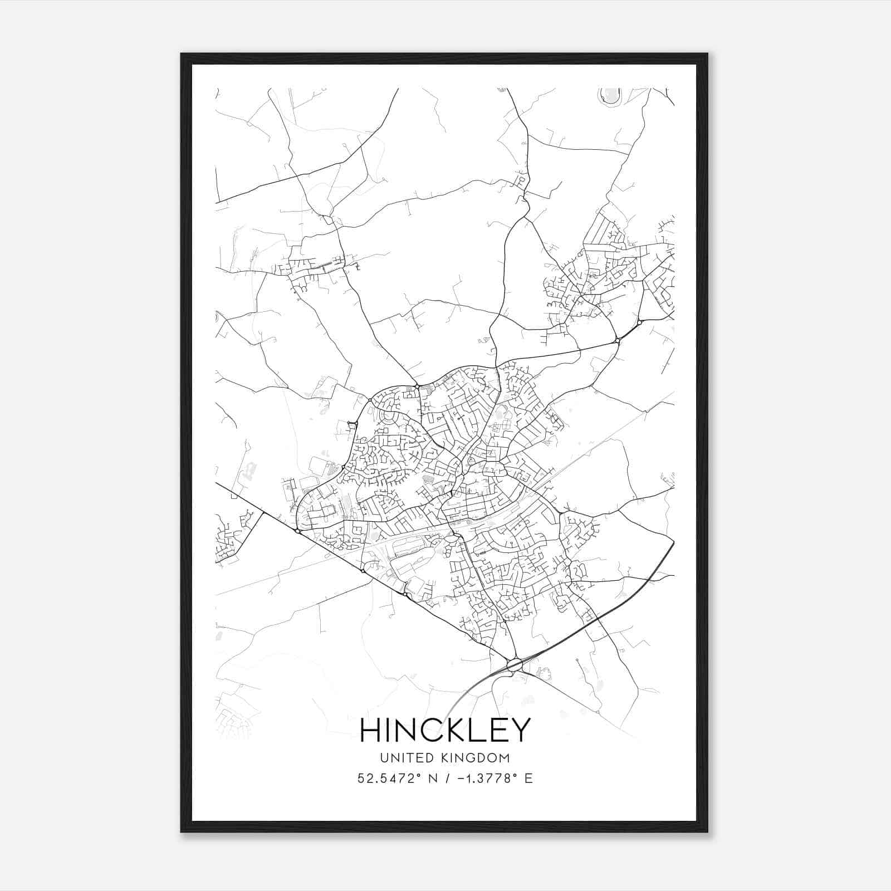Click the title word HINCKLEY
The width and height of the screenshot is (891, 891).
[x=445, y=730]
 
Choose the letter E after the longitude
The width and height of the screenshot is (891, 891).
[x=528, y=778]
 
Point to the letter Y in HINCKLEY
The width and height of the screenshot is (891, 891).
[x=518, y=730]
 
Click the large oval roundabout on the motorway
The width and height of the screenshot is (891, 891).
[x=514, y=664]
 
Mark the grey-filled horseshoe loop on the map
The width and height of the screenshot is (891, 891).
[x=611, y=96]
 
